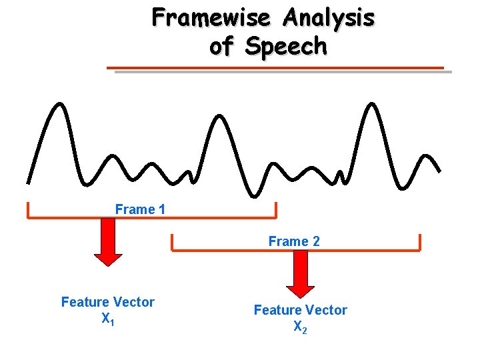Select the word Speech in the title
[286, 47]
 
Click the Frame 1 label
[140, 209]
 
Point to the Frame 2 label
[294, 241]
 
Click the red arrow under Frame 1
[107, 241]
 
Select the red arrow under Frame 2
[300, 273]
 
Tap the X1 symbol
[107, 319]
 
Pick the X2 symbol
[300, 327]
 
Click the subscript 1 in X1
[112, 323]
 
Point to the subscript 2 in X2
[305, 331]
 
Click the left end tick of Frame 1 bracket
[27, 209]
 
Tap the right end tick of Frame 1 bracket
[275, 209]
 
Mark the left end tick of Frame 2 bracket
[172, 243]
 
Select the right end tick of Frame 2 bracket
[420, 243]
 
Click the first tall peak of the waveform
[61, 105]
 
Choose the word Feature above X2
[277, 310]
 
